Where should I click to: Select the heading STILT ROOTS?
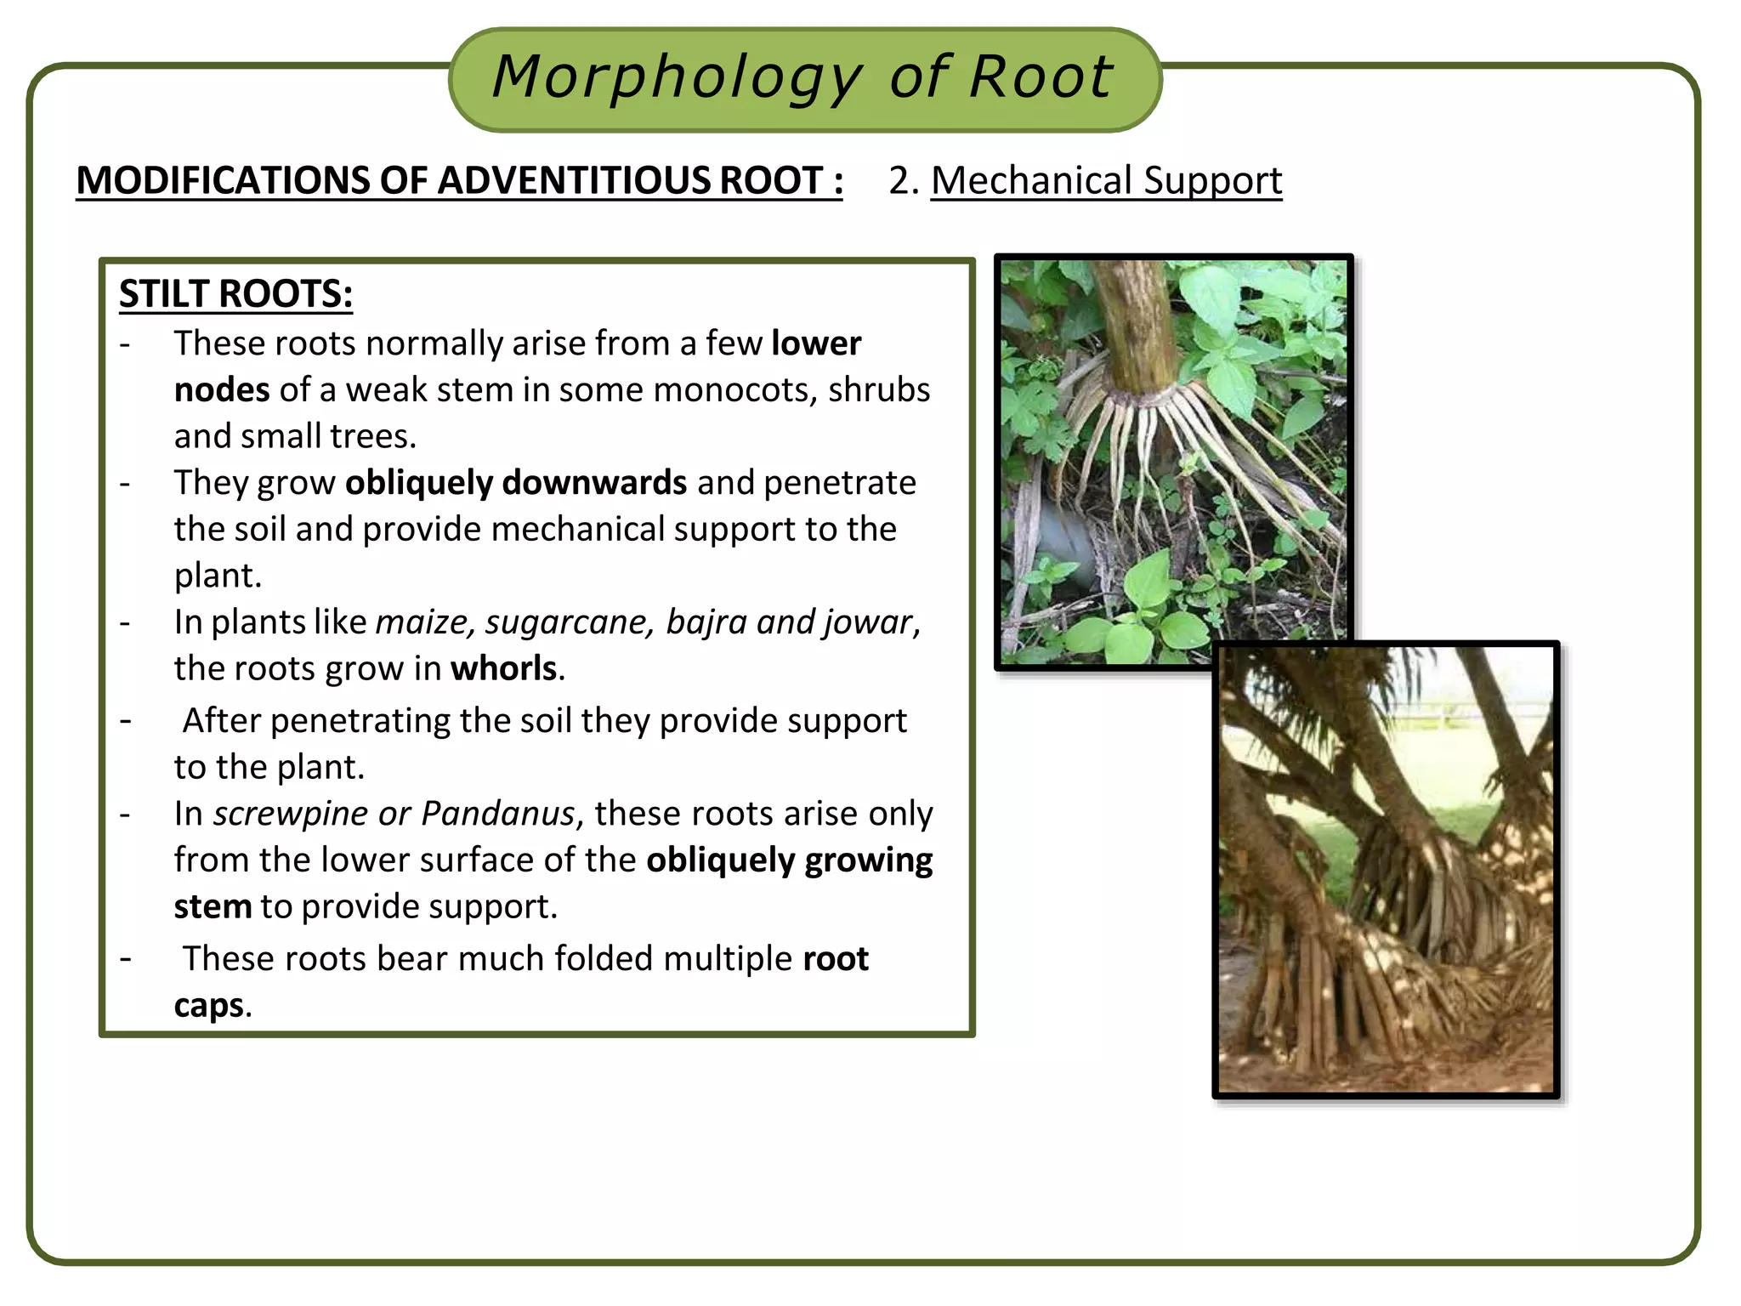[235, 294]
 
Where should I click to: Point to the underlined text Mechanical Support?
[1106, 181]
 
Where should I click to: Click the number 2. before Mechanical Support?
[904, 181]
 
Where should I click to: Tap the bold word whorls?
[504, 668]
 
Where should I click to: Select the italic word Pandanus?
[498, 814]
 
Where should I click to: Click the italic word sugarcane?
[569, 622]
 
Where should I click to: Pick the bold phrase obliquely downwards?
[516, 483]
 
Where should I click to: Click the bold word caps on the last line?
[209, 1005]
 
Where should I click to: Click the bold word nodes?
[222, 390]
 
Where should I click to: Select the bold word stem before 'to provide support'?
[213, 906]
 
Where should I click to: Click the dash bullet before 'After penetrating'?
[126, 721]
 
